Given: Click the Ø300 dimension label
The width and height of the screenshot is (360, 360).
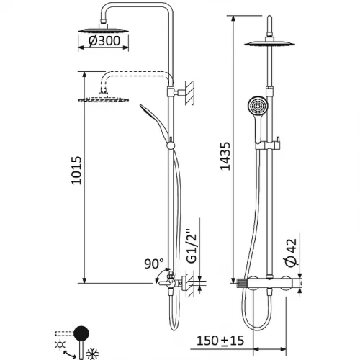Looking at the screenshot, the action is tap(104, 41).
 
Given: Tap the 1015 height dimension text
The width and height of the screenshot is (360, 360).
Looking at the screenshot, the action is tap(76, 171).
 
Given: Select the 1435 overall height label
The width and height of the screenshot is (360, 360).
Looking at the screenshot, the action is tap(225, 156).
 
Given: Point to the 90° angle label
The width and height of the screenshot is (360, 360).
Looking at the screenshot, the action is tap(154, 264).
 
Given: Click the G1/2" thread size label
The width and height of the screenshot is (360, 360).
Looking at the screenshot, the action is tap(192, 246).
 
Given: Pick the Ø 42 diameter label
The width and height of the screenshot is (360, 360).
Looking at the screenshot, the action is tap(292, 253).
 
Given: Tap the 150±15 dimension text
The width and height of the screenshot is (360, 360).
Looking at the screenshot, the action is tap(220, 341).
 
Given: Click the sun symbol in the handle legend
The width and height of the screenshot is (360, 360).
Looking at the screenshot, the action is tap(60, 345).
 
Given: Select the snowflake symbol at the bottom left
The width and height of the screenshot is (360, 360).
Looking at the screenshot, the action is tap(92, 354).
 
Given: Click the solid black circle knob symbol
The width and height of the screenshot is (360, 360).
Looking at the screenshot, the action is tap(81, 333).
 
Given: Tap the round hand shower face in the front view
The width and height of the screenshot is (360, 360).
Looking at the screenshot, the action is tap(258, 106).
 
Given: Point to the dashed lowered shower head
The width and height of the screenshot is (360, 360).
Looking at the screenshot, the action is tap(103, 99).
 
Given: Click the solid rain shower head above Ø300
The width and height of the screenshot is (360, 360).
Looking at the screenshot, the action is tap(103, 30).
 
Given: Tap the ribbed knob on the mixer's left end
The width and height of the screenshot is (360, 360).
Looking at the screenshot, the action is tap(243, 284).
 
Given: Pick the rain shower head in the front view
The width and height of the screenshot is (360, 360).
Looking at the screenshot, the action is tap(269, 43).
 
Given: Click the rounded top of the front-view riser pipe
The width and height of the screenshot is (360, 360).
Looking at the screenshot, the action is tap(269, 17).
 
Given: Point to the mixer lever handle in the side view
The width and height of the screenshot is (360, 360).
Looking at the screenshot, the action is tap(163, 284).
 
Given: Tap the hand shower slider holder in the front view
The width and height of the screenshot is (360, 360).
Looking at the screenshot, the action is tap(268, 145).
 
